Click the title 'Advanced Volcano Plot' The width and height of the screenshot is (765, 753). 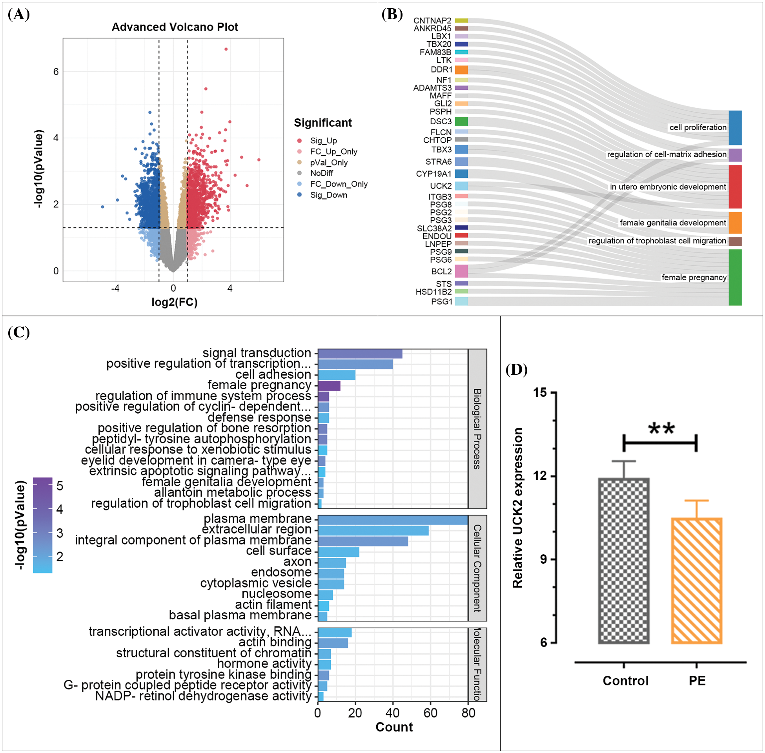(175, 27)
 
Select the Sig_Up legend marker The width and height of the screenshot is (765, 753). (300, 141)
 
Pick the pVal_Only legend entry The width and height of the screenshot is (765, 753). (328, 163)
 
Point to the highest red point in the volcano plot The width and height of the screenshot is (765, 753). (226, 49)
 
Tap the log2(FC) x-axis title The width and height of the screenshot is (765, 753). (174, 302)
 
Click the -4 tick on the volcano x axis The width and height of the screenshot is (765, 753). (115, 288)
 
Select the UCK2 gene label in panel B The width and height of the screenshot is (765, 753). (441, 186)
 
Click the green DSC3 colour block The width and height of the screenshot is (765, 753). (461, 122)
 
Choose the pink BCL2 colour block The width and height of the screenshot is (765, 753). (461, 271)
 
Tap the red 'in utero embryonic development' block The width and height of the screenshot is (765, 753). (735, 187)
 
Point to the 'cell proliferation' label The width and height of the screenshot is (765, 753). (698, 127)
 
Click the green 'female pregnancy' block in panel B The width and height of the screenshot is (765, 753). (735, 277)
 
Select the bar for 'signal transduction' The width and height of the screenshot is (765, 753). (360, 354)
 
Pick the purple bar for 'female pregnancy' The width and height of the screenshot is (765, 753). (329, 386)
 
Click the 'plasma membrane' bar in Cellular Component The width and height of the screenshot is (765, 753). (393, 520)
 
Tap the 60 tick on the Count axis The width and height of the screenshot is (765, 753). (430, 713)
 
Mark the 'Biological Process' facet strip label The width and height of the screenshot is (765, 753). (477, 429)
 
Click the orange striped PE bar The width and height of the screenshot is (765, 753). (696, 581)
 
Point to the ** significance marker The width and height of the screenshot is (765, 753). (661, 429)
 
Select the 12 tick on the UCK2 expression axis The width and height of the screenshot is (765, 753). (540, 475)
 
